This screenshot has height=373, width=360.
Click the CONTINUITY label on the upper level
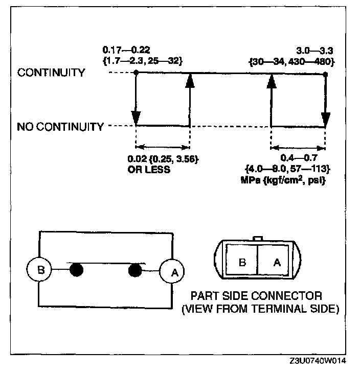[51, 73]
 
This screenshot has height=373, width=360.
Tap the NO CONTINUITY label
[60, 126]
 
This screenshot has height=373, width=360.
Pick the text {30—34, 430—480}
[292, 61]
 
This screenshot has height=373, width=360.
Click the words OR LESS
[149, 169]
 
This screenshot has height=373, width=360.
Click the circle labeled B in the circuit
[42, 269]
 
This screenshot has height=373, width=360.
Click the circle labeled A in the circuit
[173, 272]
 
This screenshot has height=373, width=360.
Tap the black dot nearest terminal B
[76, 269]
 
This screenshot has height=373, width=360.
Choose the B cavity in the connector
[243, 262]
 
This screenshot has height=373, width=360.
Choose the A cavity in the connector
[277, 262]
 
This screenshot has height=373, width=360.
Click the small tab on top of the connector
[259, 238]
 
